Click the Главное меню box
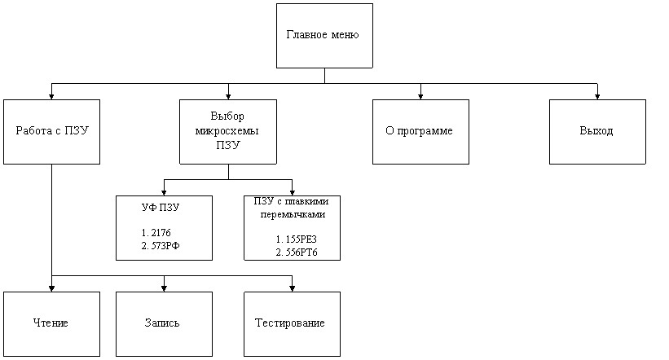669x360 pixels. click(x=324, y=36)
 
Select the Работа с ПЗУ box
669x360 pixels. click(x=51, y=131)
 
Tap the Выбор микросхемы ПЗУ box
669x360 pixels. click(x=228, y=131)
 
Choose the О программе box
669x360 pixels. click(x=420, y=131)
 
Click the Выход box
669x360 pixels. click(x=596, y=131)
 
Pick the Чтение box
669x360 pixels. click(x=51, y=323)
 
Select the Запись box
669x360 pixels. click(x=164, y=323)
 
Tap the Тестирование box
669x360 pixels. click(x=292, y=323)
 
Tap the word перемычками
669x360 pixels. click(x=292, y=216)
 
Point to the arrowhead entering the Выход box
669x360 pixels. click(x=597, y=95)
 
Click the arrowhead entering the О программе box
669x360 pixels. click(x=421, y=95)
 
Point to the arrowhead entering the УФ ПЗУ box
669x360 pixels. click(x=165, y=191)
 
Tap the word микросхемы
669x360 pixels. click(x=228, y=130)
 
